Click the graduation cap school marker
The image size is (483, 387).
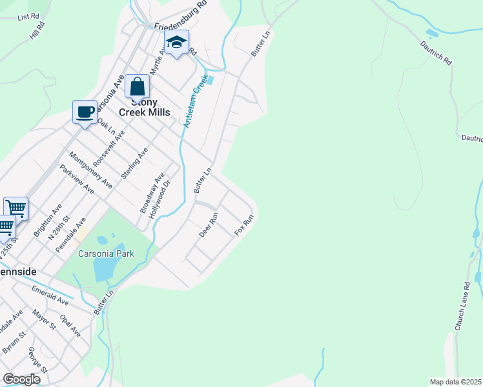click(x=176, y=43)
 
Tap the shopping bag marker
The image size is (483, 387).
click(x=137, y=87)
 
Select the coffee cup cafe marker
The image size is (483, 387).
click(x=85, y=113)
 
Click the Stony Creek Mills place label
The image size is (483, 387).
click(x=144, y=107)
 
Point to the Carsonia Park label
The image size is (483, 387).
click(x=106, y=253)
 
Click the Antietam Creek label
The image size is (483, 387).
click(x=197, y=101)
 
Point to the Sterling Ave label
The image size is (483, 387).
click(x=135, y=163)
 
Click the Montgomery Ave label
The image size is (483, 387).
click(x=90, y=170)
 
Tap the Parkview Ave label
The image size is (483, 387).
click(x=77, y=180)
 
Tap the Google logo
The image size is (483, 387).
click(x=21, y=379)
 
